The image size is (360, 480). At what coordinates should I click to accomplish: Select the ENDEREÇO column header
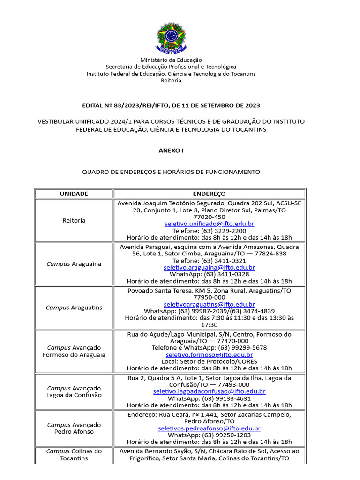tap(209, 194)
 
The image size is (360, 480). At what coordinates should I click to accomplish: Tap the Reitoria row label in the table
tap(74, 220)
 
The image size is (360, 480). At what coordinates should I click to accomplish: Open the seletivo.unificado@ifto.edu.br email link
tap(209, 224)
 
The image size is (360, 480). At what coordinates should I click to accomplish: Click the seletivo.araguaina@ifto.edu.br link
tap(209, 267)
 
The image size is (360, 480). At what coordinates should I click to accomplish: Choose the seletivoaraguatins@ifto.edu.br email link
tap(209, 304)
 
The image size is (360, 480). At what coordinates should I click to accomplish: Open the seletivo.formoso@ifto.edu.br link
tap(209, 355)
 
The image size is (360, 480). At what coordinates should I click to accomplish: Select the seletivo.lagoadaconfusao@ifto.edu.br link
tap(209, 391)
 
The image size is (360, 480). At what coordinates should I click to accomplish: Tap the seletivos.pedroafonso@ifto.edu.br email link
tap(209, 428)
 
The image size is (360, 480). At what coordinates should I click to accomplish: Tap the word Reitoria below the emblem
tap(171, 81)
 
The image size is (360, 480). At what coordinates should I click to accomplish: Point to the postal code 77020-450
tap(209, 217)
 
